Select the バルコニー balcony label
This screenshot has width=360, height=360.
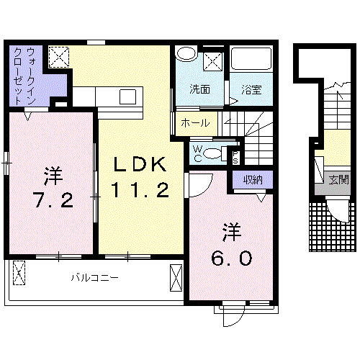click(x=94, y=276)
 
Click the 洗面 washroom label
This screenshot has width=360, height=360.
click(x=199, y=90)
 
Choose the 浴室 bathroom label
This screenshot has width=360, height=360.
click(x=251, y=90)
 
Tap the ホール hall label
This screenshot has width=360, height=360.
click(x=195, y=123)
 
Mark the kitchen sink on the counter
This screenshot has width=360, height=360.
click(x=130, y=96)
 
